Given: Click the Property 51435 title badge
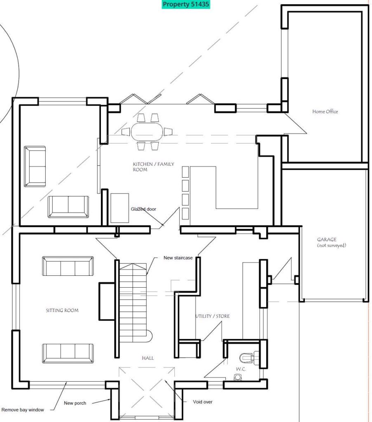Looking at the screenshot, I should coord(186,5).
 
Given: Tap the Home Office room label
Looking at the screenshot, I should coord(325,112).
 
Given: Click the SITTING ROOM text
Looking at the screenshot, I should coord(62,310).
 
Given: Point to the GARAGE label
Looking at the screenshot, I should coord(327,239).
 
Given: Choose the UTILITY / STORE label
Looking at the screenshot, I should coord(213,316).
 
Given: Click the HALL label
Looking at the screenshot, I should coord(147,358).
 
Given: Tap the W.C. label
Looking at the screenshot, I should coord(241,369).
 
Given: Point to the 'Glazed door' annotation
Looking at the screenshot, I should coord(143,209).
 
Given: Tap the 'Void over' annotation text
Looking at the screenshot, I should coord(203,402).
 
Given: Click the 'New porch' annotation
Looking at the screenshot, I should coord(75,403).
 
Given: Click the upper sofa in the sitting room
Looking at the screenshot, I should coord(68,266).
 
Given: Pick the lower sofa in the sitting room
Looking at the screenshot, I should coord(68,353).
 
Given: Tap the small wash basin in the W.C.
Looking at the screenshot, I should coord(238,377).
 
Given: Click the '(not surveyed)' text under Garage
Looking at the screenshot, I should coord(332,246).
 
